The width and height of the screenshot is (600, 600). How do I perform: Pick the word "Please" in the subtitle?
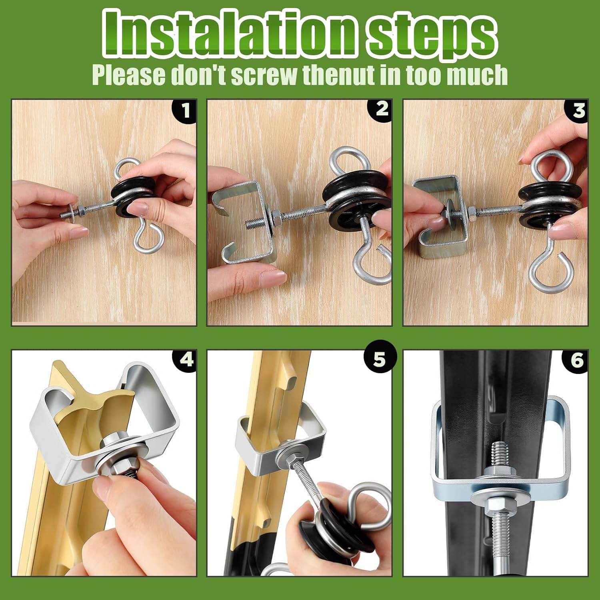(x=129, y=74)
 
